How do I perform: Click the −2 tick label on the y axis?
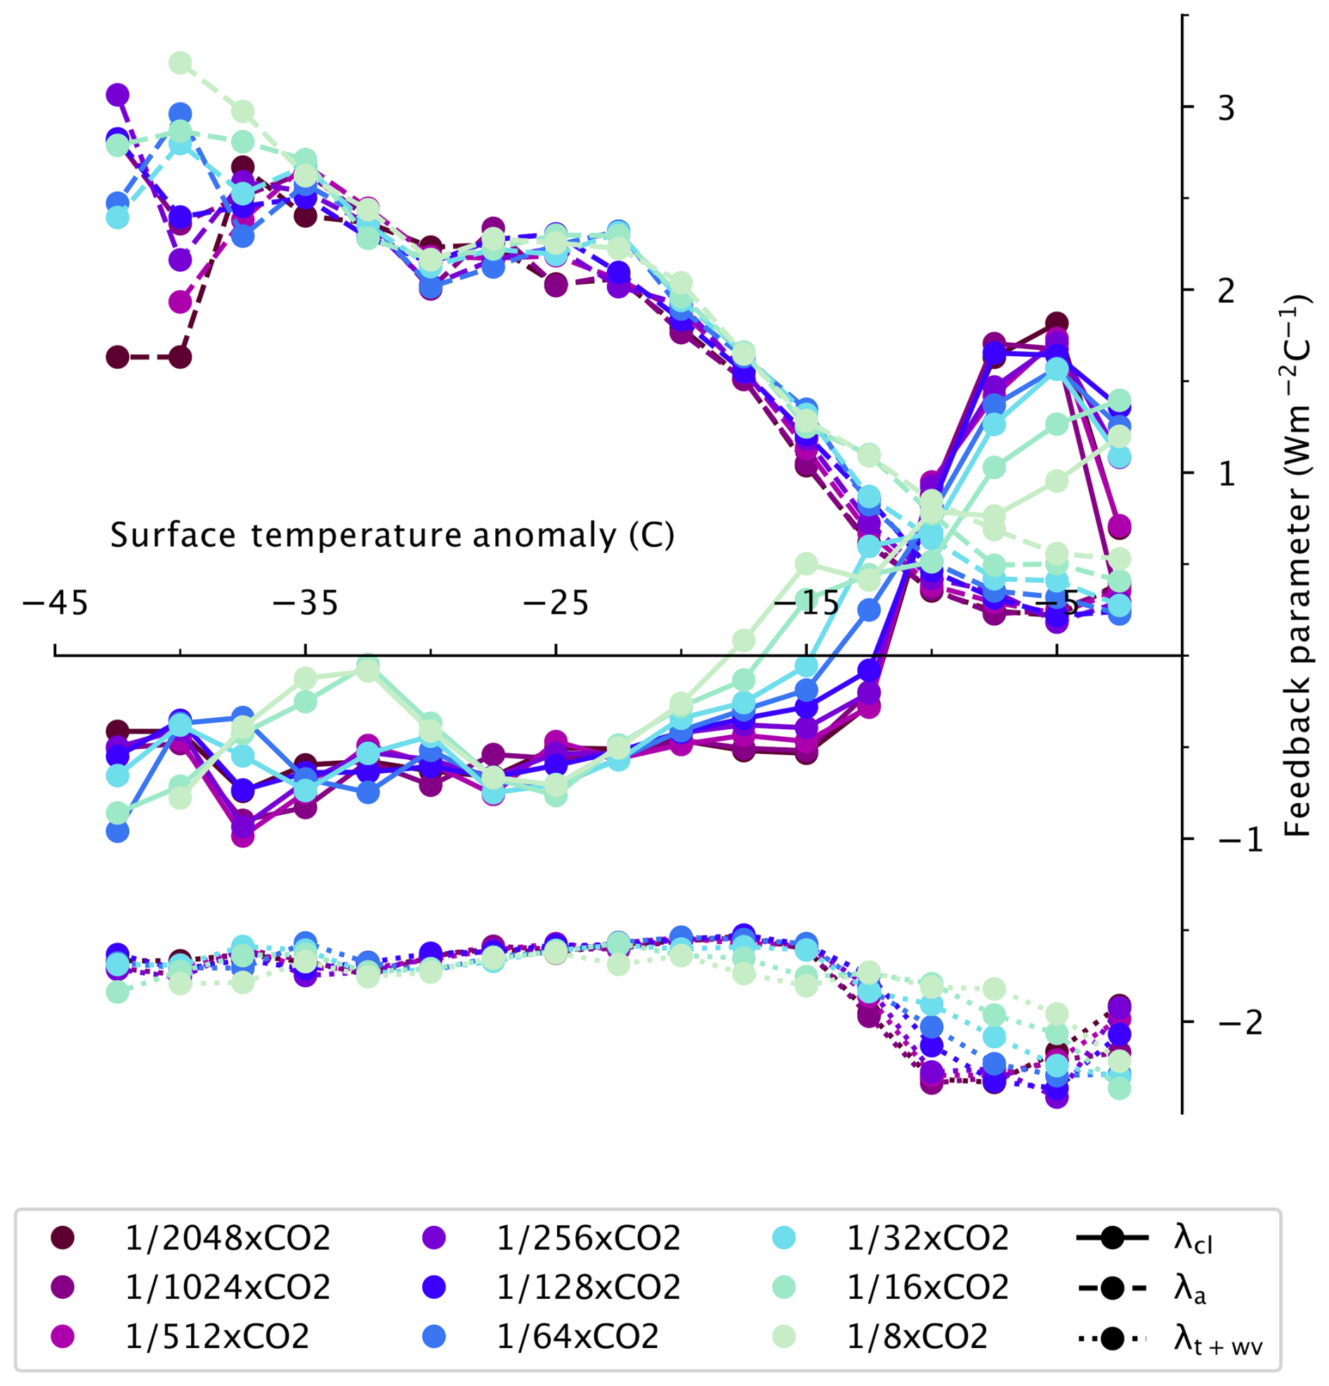coord(1238,1023)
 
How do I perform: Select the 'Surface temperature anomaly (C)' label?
coord(393,535)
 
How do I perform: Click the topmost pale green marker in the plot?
coord(181,63)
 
